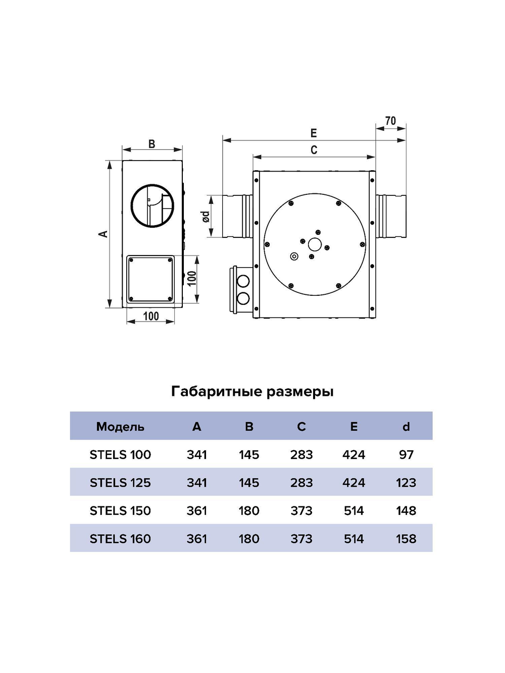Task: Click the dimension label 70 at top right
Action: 390,121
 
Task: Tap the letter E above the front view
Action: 314,133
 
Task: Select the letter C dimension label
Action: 314,150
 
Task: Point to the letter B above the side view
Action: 152,144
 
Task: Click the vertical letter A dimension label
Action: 103,233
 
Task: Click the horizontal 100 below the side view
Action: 150,316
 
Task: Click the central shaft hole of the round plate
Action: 315,245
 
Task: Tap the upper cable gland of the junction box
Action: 243,281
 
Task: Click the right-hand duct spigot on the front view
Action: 391,215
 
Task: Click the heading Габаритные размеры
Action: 252,391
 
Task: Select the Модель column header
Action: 120,427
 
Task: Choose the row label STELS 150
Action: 120,511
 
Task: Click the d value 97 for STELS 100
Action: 406,455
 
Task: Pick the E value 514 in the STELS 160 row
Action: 353,539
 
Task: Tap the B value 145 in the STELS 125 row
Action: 249,483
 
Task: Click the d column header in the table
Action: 406,427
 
